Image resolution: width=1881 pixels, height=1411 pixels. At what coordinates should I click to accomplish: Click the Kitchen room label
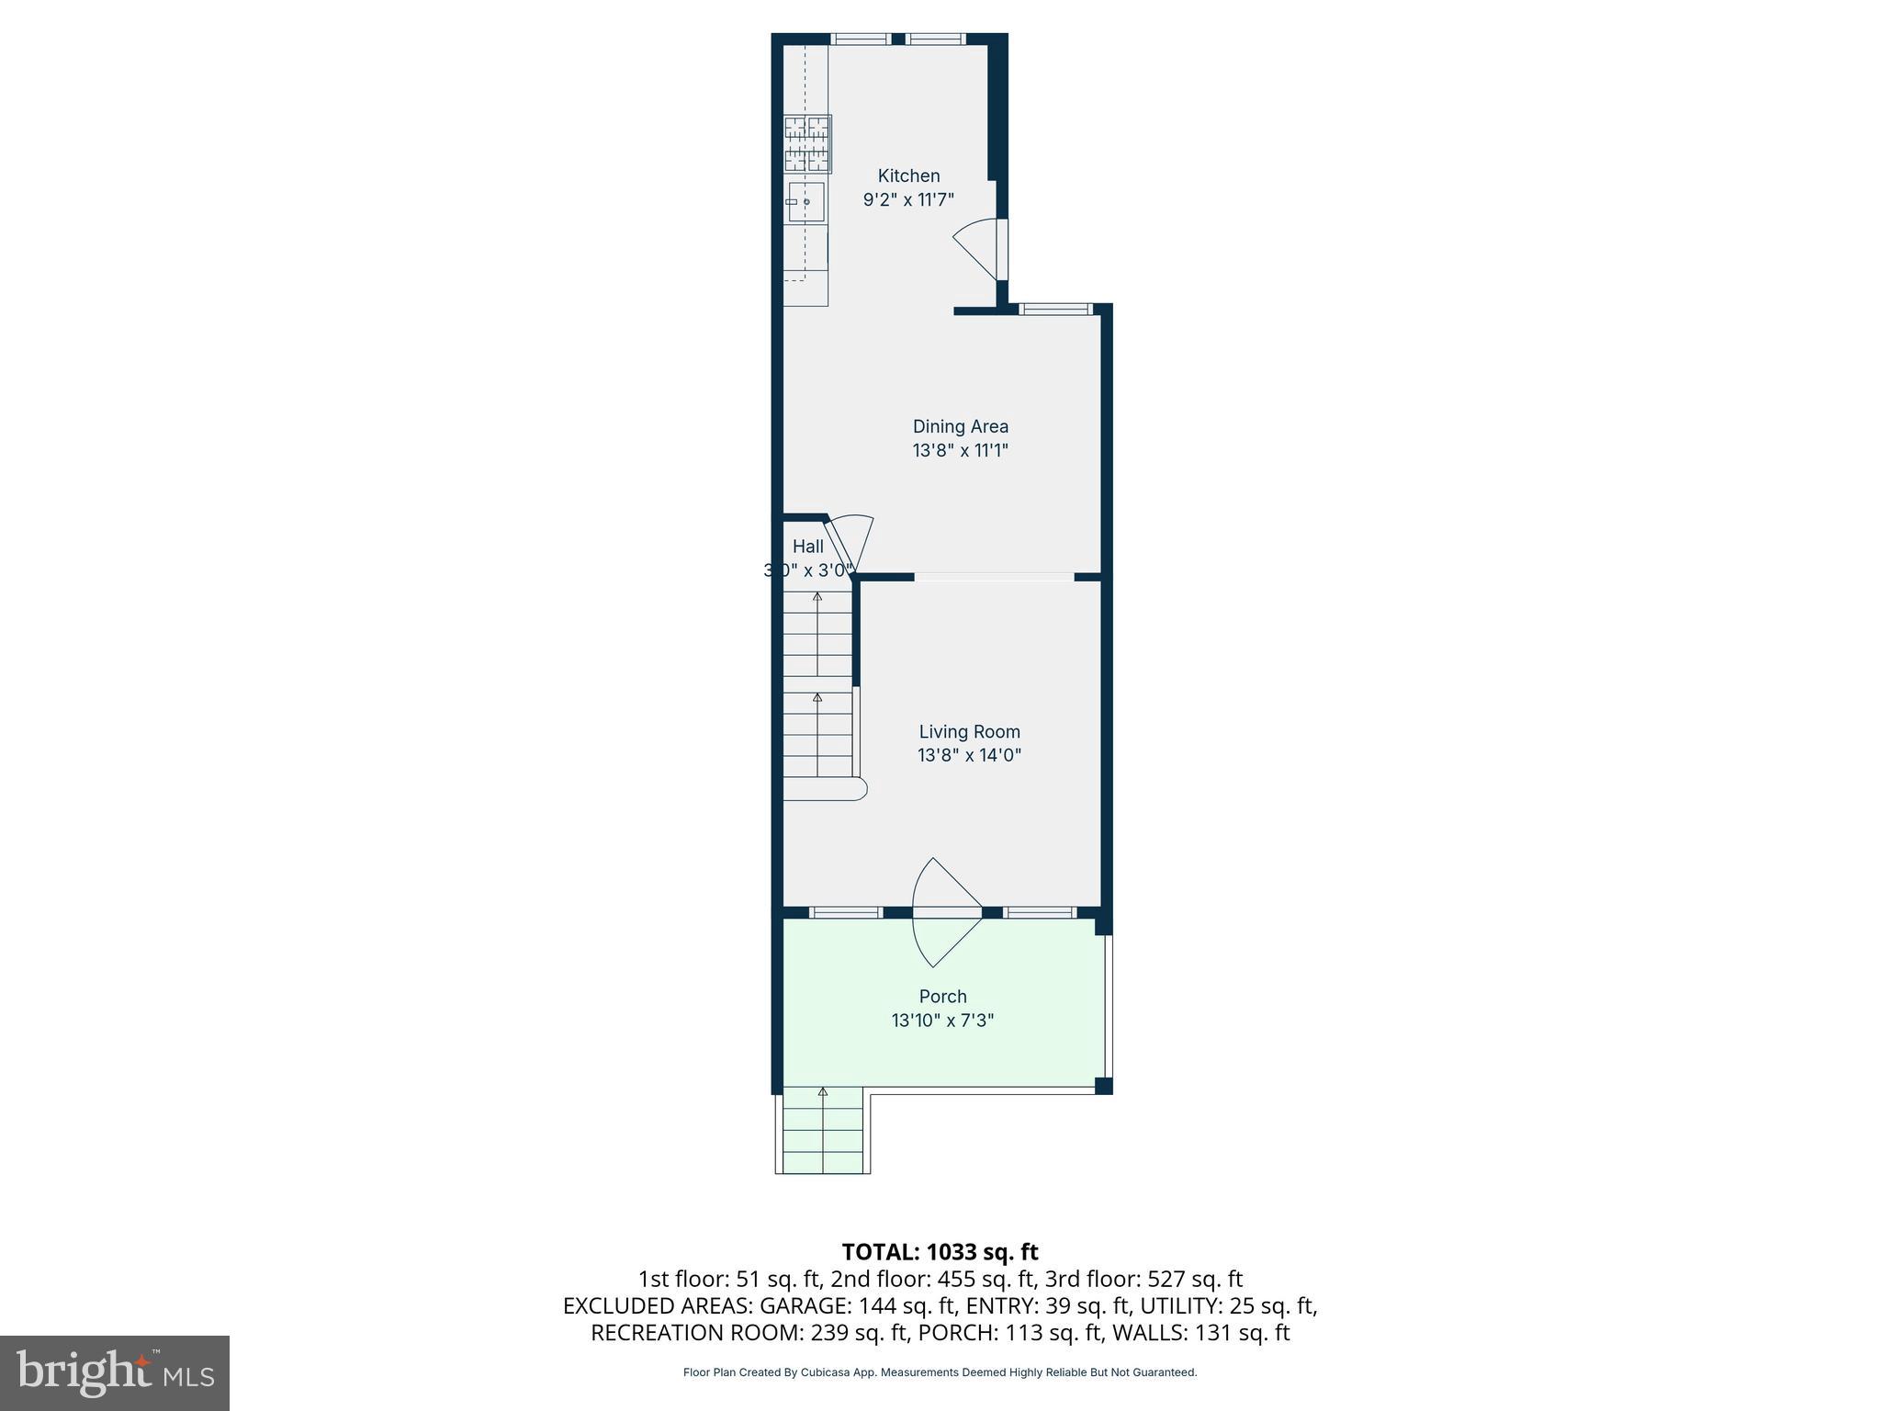(x=908, y=175)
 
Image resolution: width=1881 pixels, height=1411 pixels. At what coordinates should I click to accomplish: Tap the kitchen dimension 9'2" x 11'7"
(x=908, y=199)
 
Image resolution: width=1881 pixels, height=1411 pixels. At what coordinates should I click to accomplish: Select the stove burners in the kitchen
(x=807, y=144)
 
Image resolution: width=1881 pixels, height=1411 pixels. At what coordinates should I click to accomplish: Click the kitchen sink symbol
(x=806, y=202)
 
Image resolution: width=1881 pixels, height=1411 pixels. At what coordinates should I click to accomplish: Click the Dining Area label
(x=960, y=426)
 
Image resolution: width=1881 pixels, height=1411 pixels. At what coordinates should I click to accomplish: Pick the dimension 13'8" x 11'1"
(x=960, y=450)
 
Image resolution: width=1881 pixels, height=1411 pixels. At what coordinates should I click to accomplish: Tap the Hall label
(x=807, y=547)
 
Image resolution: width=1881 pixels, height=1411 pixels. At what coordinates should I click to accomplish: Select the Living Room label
(x=969, y=731)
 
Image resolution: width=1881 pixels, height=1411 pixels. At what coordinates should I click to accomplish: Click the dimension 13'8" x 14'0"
(x=969, y=755)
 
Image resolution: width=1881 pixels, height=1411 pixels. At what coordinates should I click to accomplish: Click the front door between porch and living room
(x=946, y=912)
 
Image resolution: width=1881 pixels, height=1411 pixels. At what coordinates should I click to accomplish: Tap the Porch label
(x=942, y=996)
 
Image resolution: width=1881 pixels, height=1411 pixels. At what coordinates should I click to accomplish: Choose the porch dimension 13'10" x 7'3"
(x=942, y=1020)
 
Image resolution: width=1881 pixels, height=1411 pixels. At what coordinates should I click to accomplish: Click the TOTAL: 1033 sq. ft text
(x=940, y=1252)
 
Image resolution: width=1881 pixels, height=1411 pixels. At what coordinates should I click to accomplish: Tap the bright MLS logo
(x=114, y=1373)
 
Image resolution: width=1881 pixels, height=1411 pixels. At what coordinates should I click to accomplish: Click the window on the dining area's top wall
(x=1056, y=310)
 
